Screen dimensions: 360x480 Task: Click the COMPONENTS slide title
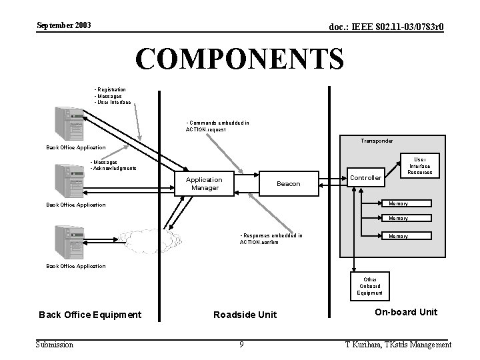[239, 59]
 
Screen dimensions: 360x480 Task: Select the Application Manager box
[204, 183]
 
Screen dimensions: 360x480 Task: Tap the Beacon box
[288, 183]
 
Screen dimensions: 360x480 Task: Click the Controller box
[366, 178]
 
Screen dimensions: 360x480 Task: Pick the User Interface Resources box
[420, 166]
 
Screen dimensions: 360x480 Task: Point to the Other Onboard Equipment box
[369, 286]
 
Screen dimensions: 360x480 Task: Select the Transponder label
[377, 141]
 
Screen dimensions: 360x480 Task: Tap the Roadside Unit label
[245, 315]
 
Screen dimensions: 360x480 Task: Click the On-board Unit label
[406, 312]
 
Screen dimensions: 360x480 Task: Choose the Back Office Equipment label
[90, 315]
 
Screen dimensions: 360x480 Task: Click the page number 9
[241, 345]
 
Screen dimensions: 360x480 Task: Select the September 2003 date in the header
[64, 26]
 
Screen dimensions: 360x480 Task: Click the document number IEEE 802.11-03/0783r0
[386, 27]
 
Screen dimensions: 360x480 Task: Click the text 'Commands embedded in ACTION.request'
[217, 126]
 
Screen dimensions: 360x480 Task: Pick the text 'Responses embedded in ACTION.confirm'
[270, 239]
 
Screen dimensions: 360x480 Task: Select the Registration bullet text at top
[112, 89]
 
